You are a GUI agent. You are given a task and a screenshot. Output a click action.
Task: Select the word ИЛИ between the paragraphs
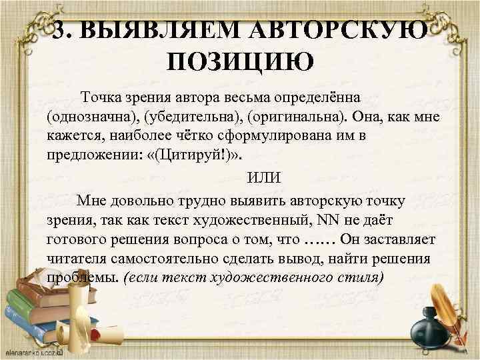coord(264,179)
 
